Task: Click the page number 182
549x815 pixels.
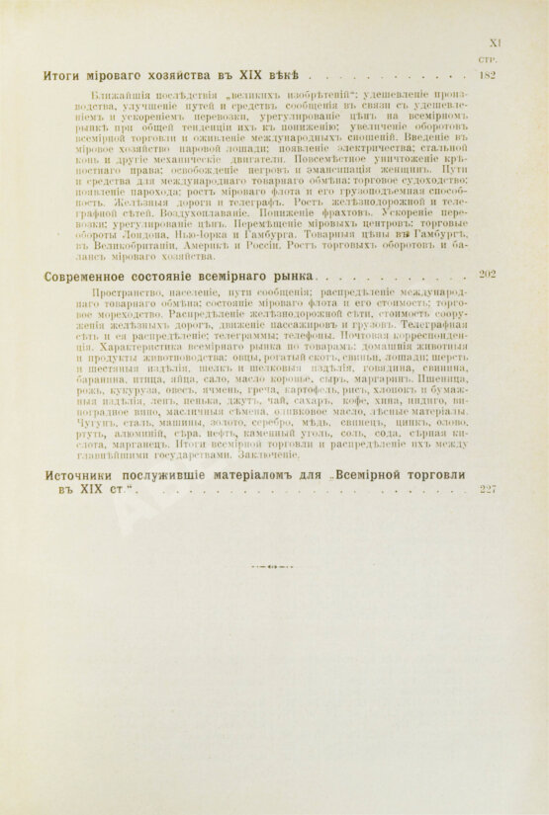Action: tap(485, 74)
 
